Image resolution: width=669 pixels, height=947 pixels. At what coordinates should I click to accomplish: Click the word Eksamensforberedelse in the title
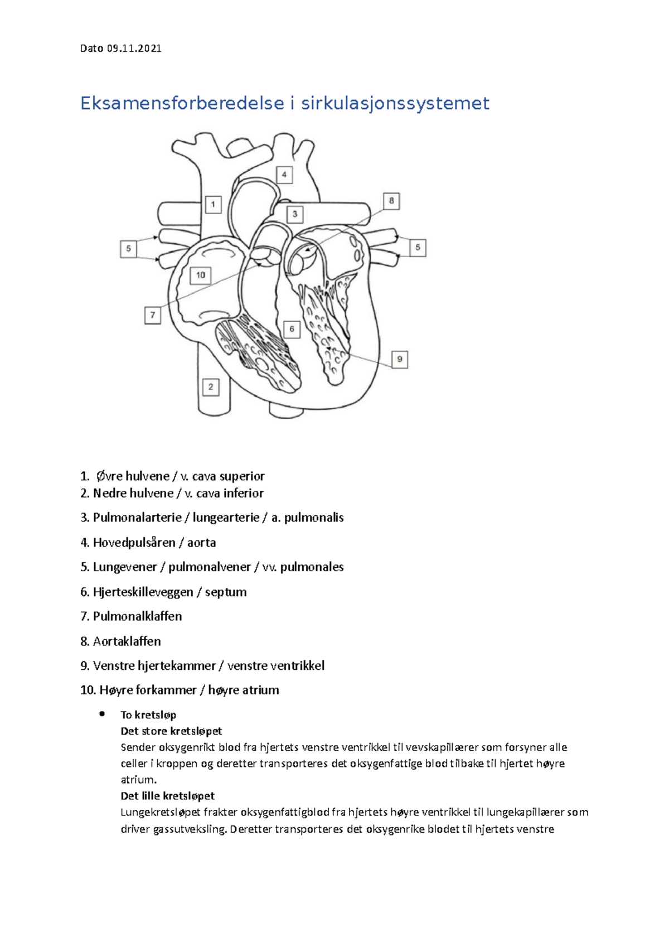[x=181, y=104]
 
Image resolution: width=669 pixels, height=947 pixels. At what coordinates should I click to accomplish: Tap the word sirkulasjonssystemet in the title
[x=395, y=104]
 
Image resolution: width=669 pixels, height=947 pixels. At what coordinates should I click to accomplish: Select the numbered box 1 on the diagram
[x=213, y=205]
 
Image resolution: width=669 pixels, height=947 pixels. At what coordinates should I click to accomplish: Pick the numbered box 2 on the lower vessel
[x=210, y=386]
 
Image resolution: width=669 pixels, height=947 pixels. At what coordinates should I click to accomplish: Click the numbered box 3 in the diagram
[x=295, y=214]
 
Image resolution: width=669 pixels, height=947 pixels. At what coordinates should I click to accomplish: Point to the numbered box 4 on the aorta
[x=284, y=175]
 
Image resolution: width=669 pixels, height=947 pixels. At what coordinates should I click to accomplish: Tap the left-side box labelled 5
[x=129, y=249]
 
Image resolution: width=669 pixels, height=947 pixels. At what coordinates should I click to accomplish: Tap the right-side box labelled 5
[x=418, y=248]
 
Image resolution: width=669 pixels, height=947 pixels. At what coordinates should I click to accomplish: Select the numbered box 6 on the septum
[x=292, y=329]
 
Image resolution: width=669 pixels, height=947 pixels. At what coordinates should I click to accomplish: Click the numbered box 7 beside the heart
[x=152, y=315]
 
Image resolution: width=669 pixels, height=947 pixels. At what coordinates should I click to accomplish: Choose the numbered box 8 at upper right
[x=391, y=201]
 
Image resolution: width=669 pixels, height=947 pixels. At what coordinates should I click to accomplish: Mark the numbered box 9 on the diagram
[x=399, y=359]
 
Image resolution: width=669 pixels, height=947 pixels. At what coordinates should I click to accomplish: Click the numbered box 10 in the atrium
[x=201, y=275]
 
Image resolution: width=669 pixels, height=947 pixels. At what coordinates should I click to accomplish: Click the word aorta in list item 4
[x=201, y=543]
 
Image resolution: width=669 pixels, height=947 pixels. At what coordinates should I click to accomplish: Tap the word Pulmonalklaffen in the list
[x=137, y=616]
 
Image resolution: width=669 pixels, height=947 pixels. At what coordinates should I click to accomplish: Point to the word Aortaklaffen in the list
[x=127, y=641]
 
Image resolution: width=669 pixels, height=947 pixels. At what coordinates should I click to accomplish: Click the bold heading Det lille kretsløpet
[x=167, y=796]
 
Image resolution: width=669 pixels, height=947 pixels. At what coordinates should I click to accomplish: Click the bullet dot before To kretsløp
[x=102, y=714]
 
